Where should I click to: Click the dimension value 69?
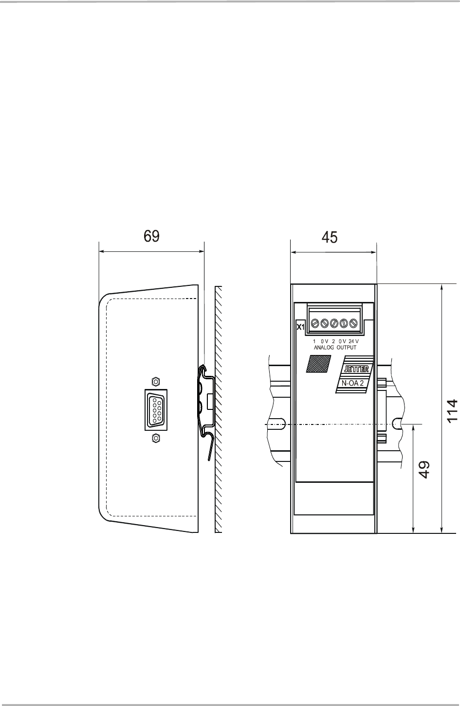(x=151, y=237)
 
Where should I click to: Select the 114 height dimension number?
(x=452, y=411)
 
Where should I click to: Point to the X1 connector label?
(x=300, y=326)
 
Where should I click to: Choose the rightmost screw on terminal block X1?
(x=361, y=323)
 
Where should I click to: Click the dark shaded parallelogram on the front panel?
(x=317, y=364)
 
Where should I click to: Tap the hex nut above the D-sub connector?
(x=156, y=381)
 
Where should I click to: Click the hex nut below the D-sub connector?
(x=156, y=439)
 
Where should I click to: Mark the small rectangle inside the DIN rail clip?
(x=210, y=401)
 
